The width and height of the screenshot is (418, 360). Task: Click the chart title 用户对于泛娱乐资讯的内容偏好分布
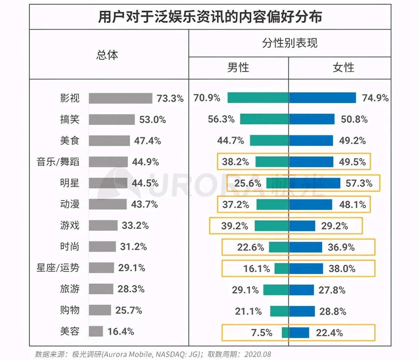[x=210, y=17]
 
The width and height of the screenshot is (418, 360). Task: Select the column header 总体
[x=107, y=55]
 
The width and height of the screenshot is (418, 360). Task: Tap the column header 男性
[x=238, y=68]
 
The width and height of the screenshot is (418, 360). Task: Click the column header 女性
[x=343, y=68]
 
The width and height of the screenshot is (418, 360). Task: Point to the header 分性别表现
[x=289, y=43]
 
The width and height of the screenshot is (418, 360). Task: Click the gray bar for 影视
[x=120, y=98]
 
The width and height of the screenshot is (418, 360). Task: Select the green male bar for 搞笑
[x=264, y=119]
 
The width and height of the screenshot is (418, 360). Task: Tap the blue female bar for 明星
[x=315, y=183]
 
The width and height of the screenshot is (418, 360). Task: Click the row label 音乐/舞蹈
[x=58, y=162]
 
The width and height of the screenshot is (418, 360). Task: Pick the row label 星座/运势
[x=58, y=268]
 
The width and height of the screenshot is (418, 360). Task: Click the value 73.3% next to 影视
[x=170, y=99]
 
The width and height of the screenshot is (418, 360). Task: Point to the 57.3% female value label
[x=359, y=183]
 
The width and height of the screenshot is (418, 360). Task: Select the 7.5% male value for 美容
[x=262, y=333]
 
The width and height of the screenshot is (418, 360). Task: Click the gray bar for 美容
[x=96, y=331]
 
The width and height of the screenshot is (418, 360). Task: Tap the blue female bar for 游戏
[x=302, y=226]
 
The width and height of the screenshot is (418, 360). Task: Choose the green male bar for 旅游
[x=276, y=290]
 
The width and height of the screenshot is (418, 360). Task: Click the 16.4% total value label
[x=121, y=331]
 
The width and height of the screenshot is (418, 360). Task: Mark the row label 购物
[x=70, y=310]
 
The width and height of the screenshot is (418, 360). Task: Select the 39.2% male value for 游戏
[x=234, y=226]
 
